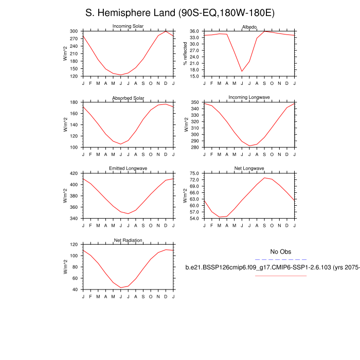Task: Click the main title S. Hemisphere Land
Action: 179,13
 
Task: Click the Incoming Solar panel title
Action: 128,26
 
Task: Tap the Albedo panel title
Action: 249,26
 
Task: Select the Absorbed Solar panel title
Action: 128,98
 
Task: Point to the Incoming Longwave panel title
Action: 249,97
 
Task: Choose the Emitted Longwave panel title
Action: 128,168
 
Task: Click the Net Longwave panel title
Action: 249,168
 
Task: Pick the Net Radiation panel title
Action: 128,240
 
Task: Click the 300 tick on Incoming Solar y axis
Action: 74,31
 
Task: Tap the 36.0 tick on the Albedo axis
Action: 194,31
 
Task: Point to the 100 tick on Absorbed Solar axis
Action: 74,147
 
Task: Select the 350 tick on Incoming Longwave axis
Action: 195,103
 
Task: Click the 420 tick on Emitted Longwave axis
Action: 74,173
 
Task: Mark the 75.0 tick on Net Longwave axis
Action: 194,173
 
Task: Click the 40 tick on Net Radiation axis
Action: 76,290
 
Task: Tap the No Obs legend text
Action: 281,251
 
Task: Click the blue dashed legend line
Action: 281,260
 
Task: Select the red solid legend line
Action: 281,276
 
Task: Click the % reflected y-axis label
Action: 186,54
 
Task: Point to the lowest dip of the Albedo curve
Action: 242,71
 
